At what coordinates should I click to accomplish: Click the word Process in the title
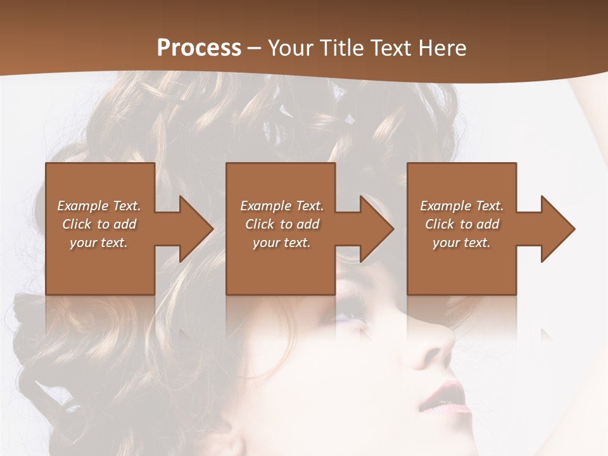[199, 47]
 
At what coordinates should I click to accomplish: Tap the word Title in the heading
[340, 47]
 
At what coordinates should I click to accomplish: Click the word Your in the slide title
[291, 47]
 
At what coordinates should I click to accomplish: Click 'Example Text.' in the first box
[99, 206]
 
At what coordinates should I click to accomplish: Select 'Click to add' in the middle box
[282, 224]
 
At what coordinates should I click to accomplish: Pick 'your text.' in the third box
[462, 243]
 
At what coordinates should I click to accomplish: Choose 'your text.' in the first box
[99, 243]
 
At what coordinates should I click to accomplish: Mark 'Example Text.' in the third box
[462, 206]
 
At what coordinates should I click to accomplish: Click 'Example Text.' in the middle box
[282, 206]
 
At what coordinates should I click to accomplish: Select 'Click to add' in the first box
[99, 224]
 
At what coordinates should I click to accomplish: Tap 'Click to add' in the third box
[462, 224]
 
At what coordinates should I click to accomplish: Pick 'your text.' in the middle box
[282, 243]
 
